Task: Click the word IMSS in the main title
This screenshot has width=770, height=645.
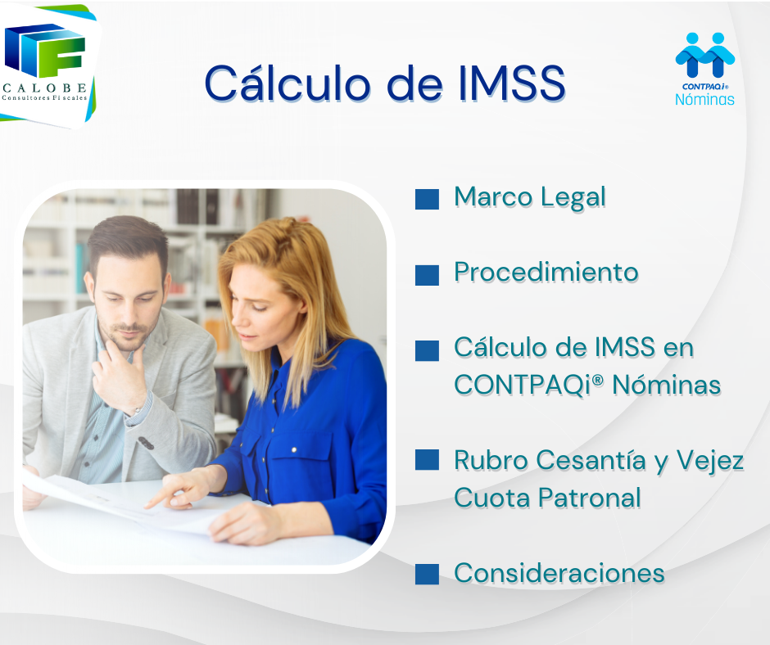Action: tap(512, 83)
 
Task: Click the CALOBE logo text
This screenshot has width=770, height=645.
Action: tap(45, 88)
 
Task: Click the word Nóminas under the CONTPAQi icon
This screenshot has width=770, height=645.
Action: tap(704, 99)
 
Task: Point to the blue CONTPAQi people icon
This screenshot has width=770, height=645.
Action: tap(705, 55)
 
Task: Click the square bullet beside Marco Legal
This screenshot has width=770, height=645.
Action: tap(427, 199)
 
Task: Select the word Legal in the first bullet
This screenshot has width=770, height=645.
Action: tap(573, 197)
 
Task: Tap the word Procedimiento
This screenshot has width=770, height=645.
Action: tap(546, 272)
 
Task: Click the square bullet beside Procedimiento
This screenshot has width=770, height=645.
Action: tap(427, 275)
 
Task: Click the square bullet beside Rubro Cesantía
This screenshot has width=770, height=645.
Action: tap(427, 459)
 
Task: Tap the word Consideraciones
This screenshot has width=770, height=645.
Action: tap(559, 573)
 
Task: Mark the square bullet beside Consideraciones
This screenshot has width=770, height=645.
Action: tap(427, 575)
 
